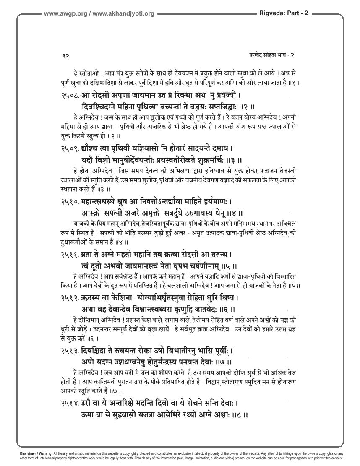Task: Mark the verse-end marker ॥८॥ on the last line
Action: [x=240, y=415]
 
